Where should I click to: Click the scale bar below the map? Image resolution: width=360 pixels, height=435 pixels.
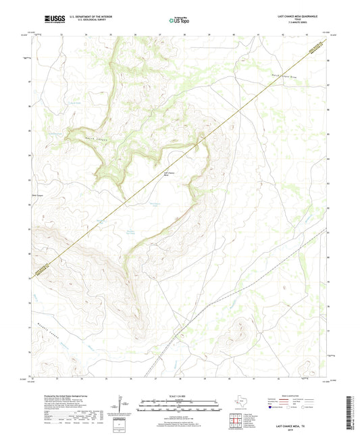pos(180,407)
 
